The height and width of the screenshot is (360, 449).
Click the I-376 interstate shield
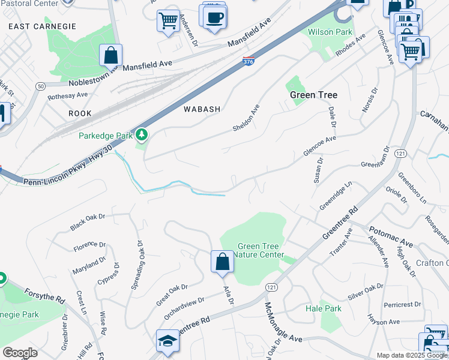pos(249,61)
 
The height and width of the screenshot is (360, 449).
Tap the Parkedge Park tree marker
pos(142,134)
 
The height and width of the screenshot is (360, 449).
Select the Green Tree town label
pos(313,95)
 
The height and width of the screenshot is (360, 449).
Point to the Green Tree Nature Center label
pos(261,250)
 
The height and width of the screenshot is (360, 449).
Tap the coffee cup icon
pos(214,17)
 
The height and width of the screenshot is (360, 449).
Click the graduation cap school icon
pos(167,341)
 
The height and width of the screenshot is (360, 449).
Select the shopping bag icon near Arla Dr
pos(222,262)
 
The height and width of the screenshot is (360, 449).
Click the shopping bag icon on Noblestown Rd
pos(111,55)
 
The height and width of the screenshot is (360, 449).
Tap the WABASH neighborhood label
pos(202,109)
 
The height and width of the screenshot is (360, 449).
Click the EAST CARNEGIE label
pos(43,26)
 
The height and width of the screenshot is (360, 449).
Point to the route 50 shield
pos(40,86)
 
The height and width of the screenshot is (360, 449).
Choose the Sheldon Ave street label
pos(246,118)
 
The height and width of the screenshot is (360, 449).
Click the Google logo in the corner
pos(20,353)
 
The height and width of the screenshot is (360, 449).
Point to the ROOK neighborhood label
pos(80,113)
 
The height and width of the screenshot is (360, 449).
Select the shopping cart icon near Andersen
pos(168,21)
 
